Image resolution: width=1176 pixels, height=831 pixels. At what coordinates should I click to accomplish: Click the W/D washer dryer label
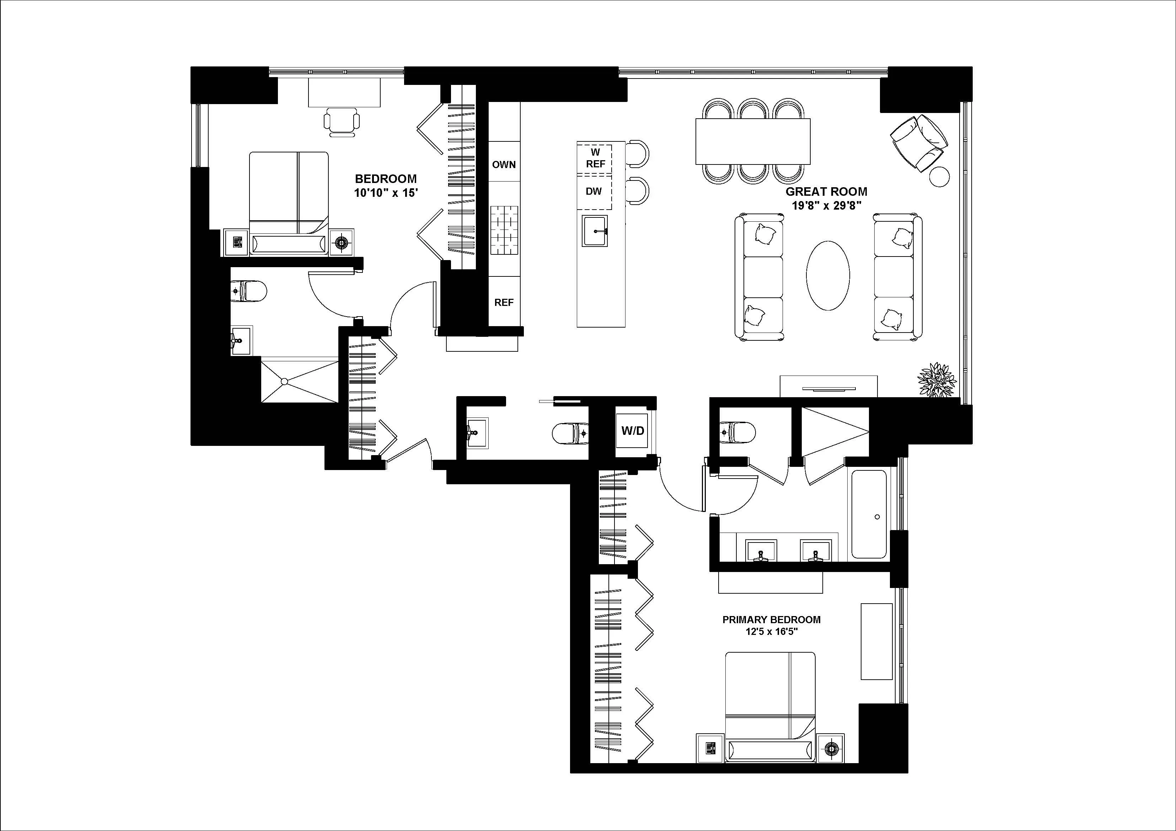pos(633,431)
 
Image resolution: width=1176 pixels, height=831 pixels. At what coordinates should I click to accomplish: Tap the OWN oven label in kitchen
pos(504,165)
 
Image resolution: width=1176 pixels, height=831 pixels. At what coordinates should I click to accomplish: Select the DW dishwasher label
pos(594,191)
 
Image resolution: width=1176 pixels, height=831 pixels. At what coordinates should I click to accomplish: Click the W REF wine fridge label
pos(595,158)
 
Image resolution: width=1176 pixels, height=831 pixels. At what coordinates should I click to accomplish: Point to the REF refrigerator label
pos(504,303)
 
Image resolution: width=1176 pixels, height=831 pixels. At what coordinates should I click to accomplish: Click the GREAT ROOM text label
pos(826,192)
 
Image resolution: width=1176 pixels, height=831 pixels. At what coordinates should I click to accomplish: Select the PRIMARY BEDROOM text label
pos(771,620)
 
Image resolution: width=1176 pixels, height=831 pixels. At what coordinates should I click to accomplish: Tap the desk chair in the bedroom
pos(342,122)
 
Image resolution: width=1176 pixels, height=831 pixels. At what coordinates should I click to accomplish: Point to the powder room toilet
pos(570,433)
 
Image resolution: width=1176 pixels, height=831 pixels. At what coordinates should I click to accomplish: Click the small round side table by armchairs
pos(939,177)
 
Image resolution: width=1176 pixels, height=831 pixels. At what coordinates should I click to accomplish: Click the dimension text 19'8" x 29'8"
pos(826,206)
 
